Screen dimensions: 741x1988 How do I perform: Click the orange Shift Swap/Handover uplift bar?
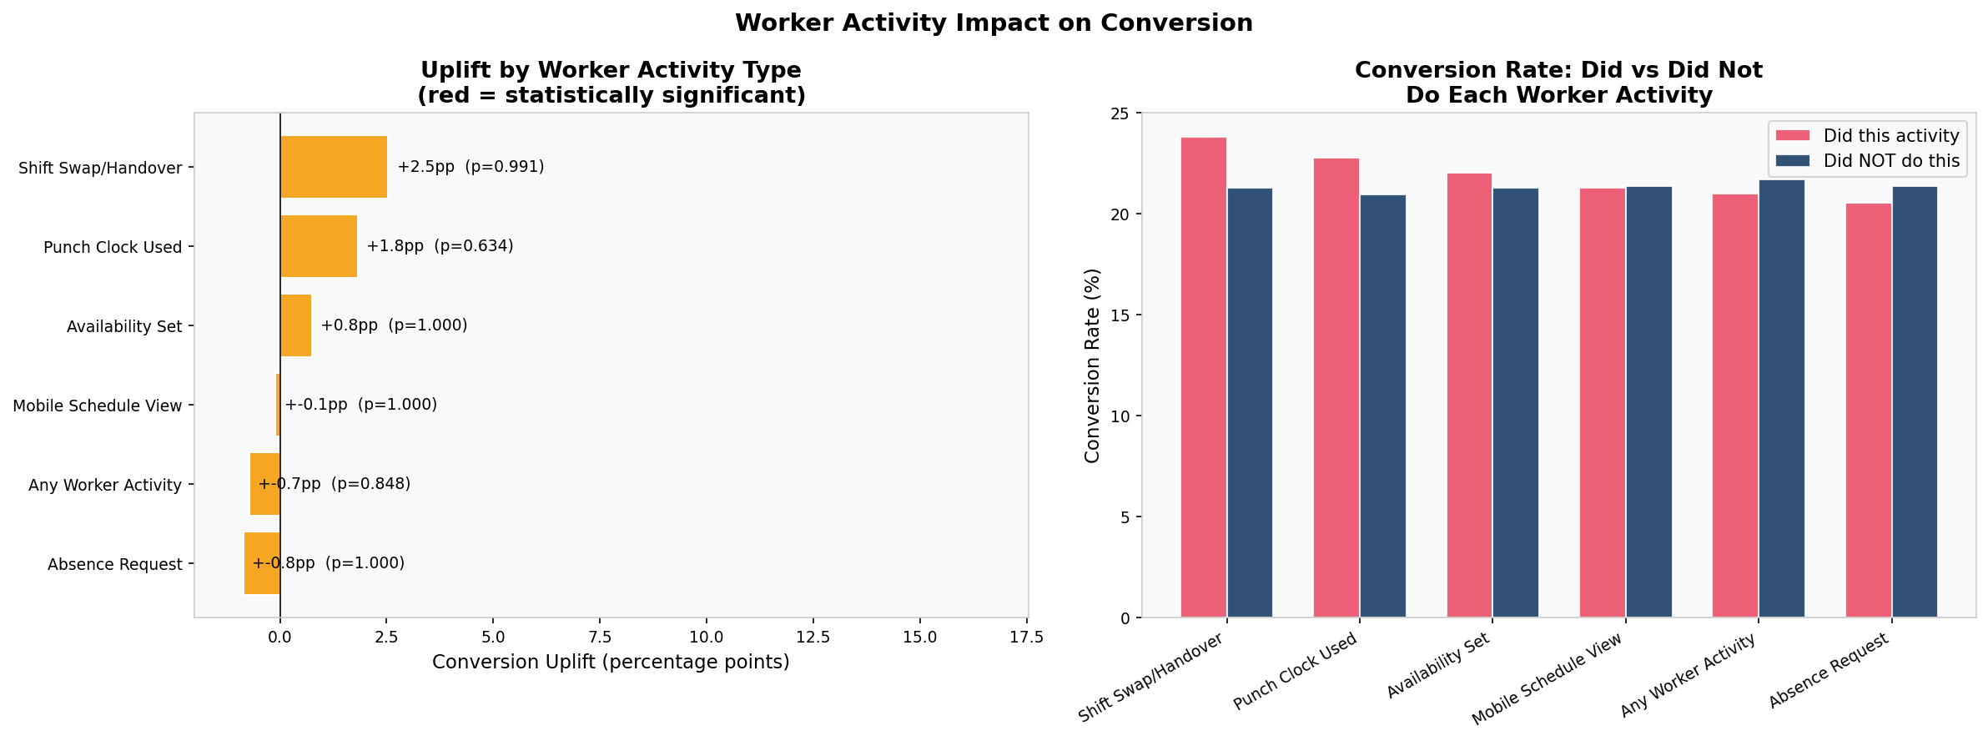(334, 167)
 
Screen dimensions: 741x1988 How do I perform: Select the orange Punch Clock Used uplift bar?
(319, 246)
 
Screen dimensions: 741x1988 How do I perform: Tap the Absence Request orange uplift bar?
(262, 563)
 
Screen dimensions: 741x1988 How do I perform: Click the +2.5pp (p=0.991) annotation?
(471, 167)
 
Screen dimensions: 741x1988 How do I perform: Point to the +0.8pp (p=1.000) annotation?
(394, 325)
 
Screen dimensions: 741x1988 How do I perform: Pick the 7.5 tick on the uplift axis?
(600, 638)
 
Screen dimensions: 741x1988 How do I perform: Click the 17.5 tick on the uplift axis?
(1026, 638)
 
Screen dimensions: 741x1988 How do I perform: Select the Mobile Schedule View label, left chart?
(98, 406)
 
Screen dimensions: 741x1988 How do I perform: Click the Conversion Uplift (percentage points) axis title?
(611, 663)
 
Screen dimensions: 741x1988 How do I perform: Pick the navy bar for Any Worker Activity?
(1781, 399)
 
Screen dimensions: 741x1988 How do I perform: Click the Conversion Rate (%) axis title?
(1092, 365)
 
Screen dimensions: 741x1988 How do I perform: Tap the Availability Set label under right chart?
(1437, 667)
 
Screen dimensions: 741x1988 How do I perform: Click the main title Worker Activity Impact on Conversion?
(994, 23)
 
